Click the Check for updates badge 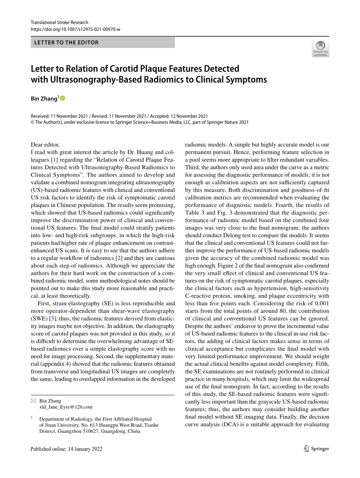click(320, 48)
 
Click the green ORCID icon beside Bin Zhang click(63, 98)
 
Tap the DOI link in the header click(75, 29)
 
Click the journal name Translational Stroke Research click(59, 22)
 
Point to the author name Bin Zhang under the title click(44, 99)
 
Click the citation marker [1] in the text click(54, 160)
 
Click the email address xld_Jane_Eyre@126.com click(66, 407)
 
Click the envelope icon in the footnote click(33, 401)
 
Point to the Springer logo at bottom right click(316, 449)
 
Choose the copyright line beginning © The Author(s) click(140, 122)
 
